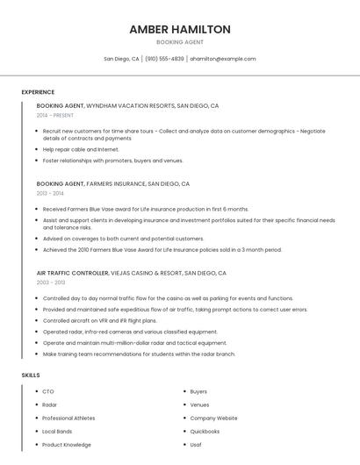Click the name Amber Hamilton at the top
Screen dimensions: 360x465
179,29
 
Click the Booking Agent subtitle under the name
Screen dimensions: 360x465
179,42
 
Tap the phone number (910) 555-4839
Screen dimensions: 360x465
164,59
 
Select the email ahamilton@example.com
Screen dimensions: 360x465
223,59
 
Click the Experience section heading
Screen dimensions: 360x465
38,92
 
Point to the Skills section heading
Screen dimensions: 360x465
31,375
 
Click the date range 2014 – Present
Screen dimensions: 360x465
55,115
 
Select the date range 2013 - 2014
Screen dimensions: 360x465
50,193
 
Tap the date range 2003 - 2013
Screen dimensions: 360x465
51,283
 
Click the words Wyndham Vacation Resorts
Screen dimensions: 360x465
129,105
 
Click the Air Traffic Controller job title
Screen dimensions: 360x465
72,273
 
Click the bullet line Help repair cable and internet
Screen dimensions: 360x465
81,149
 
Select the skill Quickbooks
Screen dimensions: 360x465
205,432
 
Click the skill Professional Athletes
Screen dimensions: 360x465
68,418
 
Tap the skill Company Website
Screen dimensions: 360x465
213,418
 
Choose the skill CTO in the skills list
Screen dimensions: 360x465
48,391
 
